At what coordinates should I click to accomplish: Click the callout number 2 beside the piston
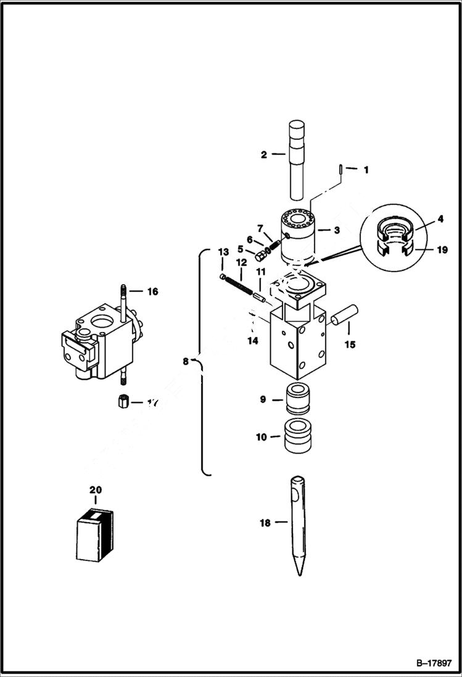point(264,154)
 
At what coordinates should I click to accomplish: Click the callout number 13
point(223,252)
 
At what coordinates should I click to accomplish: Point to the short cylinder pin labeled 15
point(342,314)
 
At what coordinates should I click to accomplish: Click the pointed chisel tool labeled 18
point(297,525)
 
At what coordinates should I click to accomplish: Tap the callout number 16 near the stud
point(152,291)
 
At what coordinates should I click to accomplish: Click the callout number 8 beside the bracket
point(186,362)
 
